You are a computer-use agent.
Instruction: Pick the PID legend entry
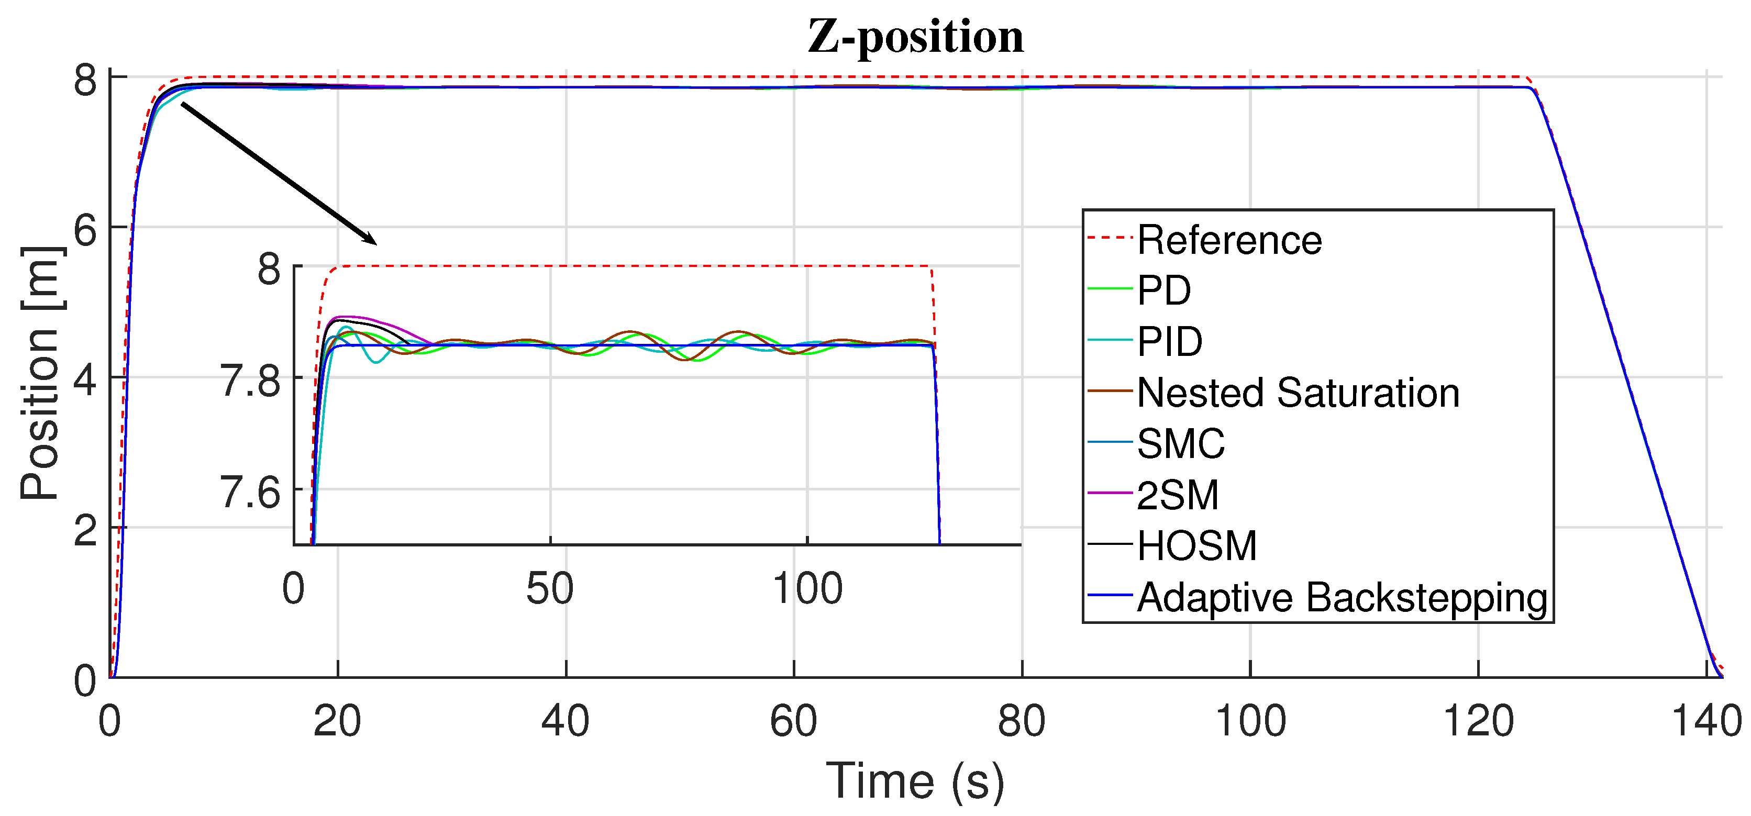tap(1169, 342)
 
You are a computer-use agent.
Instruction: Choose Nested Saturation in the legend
tap(1298, 393)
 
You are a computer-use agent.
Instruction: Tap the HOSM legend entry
tap(1196, 545)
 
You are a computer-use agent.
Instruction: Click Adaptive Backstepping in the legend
tap(1342, 597)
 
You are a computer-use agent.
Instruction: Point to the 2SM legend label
tap(1177, 495)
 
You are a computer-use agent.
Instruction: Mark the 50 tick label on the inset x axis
tap(549, 589)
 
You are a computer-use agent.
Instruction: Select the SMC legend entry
tap(1180, 444)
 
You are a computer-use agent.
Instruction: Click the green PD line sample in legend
tap(1110, 290)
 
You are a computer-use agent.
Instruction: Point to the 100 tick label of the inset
tap(807, 589)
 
